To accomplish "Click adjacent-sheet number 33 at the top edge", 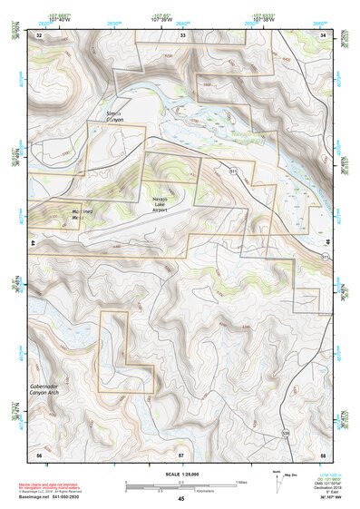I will (x=182, y=34).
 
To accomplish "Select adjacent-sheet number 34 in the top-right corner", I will (x=324, y=34).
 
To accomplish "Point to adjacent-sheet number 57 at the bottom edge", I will (x=181, y=453).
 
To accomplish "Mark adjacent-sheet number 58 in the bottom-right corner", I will (x=324, y=453).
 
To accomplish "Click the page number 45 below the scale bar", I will (x=181, y=499).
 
